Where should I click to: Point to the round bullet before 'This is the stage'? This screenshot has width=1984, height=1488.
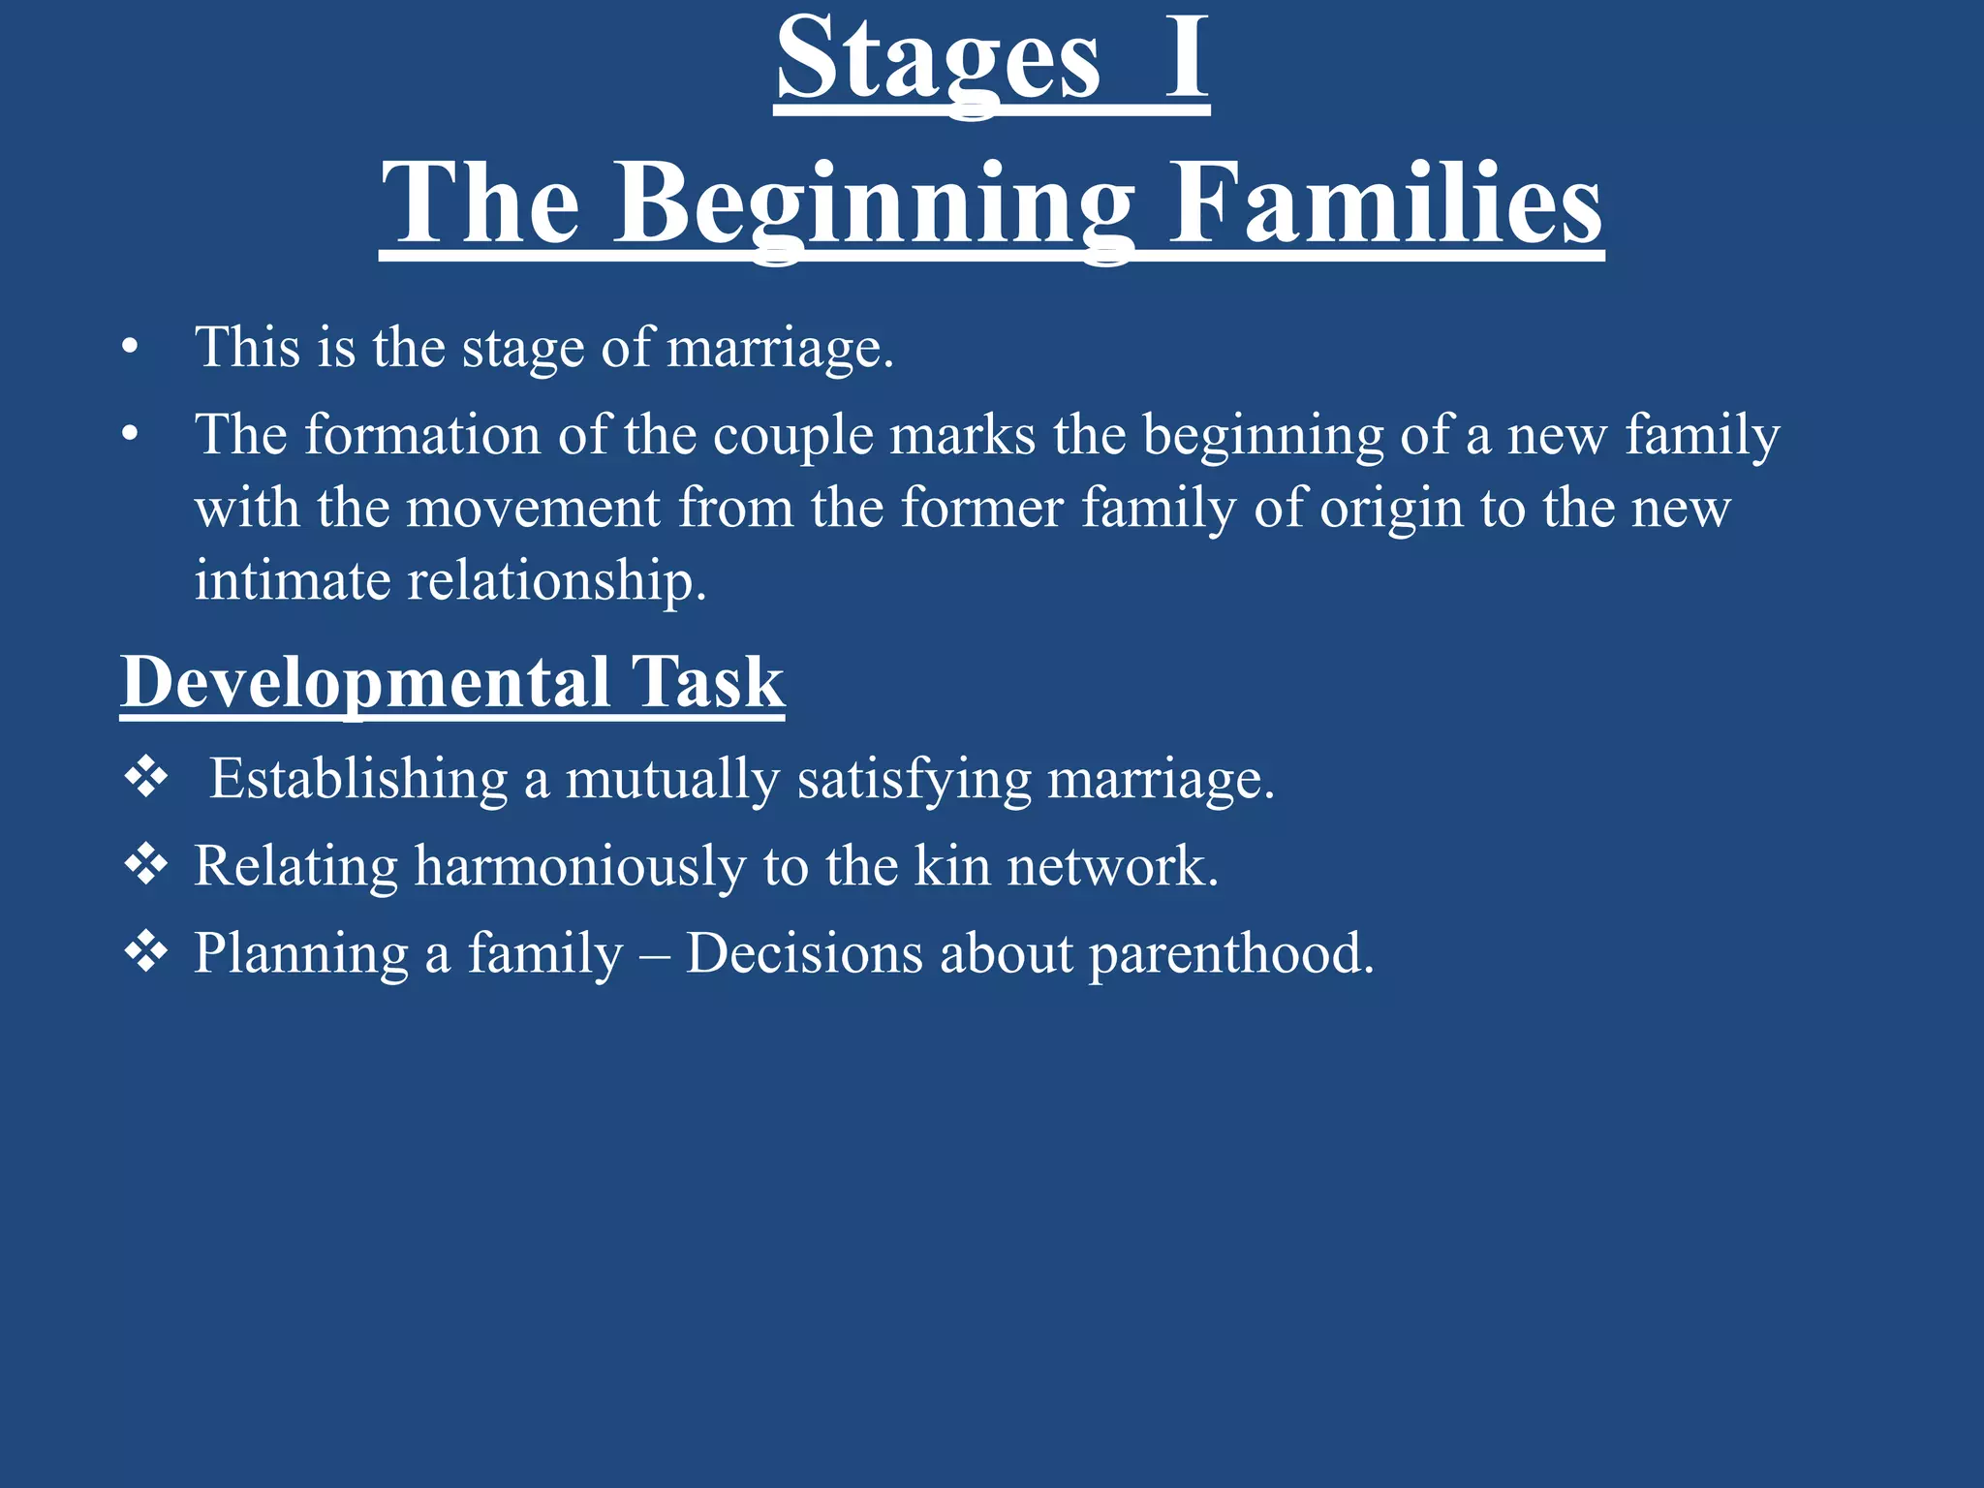point(131,348)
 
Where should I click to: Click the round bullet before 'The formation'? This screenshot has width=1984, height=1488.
point(131,435)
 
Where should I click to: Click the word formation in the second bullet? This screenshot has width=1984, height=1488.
point(422,434)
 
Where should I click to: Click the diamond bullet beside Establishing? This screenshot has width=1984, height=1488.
point(146,778)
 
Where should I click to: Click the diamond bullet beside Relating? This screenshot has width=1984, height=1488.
point(146,865)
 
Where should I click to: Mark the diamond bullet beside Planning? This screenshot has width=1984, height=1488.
point(146,952)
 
